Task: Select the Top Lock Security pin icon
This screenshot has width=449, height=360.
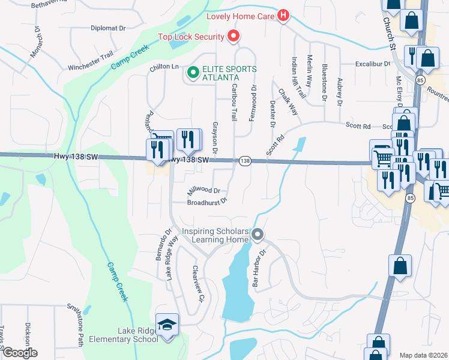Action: point(234,37)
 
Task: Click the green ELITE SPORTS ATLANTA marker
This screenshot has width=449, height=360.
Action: point(193,73)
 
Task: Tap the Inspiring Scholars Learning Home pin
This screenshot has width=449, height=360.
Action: point(258,235)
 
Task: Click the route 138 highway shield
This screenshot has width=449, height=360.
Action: point(245,161)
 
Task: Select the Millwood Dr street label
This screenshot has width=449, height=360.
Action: point(203,190)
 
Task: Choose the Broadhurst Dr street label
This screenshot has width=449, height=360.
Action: point(207,202)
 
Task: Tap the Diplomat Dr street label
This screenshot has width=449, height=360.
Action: point(108,28)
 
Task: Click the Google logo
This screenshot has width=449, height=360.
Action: point(20,353)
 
